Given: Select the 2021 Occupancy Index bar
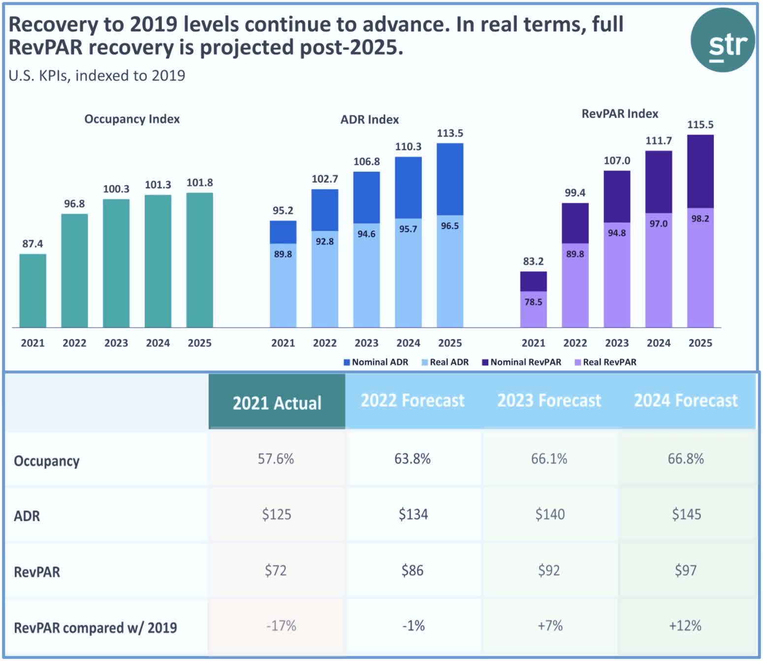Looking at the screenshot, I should (33, 291).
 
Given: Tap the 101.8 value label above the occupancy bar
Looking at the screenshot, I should (199, 183).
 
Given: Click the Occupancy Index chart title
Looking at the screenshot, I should (132, 119).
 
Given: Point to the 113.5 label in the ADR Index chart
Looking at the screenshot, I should (450, 133).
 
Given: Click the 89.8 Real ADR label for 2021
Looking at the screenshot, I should (283, 254).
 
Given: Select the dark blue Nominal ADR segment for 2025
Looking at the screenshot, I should (450, 179).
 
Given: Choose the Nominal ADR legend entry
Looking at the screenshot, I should (376, 362).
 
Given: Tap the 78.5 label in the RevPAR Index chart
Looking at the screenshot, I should (533, 302).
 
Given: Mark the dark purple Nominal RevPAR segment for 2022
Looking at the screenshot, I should (575, 223).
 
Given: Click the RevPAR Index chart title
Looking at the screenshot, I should (620, 114).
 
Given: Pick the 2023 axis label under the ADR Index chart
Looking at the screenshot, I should (367, 343).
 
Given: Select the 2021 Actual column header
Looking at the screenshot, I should (277, 402).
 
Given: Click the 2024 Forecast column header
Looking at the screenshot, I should (686, 400).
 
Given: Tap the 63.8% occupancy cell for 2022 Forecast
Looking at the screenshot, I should (413, 459).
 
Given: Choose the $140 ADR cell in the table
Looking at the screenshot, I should (550, 515).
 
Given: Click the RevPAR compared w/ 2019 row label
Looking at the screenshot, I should (95, 628).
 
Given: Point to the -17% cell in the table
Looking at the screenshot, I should (281, 626).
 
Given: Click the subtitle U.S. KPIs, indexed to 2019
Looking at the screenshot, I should (97, 76).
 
